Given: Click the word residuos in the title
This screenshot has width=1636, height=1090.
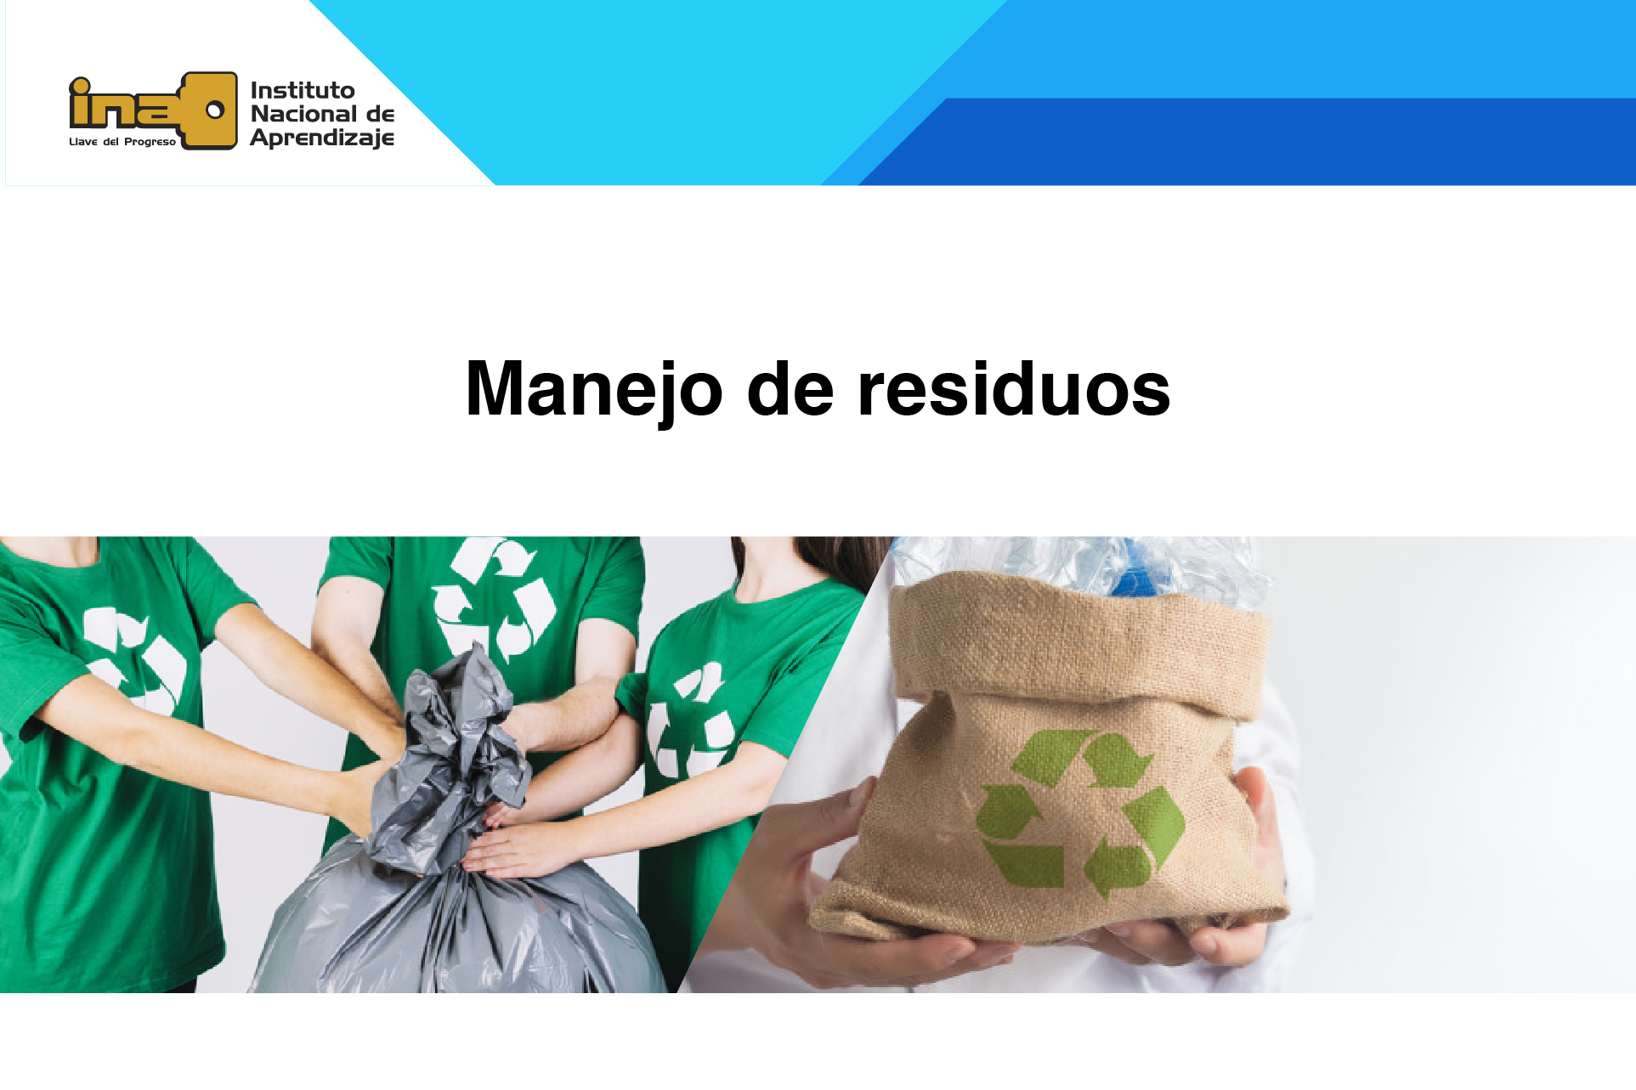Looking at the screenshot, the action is [x=1014, y=389].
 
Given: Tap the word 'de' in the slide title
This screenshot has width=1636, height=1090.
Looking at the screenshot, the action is [x=790, y=389].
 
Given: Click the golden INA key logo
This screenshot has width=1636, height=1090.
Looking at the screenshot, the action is [x=153, y=110].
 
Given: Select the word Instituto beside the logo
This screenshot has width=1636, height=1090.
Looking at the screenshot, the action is [x=303, y=90].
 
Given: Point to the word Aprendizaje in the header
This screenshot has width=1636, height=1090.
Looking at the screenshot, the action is [x=322, y=138].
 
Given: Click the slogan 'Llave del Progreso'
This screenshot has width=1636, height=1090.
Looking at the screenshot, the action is [x=122, y=142].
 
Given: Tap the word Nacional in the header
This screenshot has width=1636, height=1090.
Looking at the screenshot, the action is [x=303, y=114].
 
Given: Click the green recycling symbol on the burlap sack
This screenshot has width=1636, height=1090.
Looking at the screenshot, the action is [x=1079, y=812].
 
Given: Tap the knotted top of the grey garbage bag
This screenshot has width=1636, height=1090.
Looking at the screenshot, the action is [x=463, y=722].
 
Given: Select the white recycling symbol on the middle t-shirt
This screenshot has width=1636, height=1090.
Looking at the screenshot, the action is [x=493, y=599].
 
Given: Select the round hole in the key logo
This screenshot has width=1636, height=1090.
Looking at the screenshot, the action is [x=215, y=110].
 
